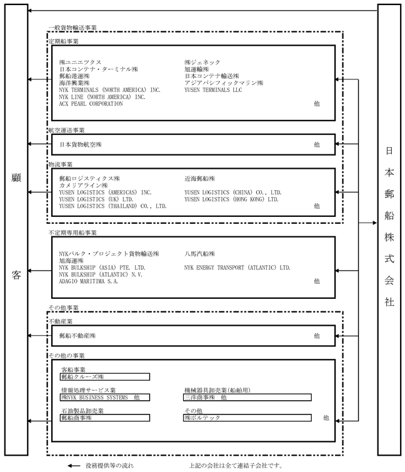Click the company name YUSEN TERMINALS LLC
(x=213, y=90)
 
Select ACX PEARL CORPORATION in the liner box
(x=91, y=104)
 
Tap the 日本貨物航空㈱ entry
(x=81, y=144)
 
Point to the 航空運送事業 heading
(x=66, y=130)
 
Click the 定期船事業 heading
(x=62, y=41)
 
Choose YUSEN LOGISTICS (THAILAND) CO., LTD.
(x=112, y=206)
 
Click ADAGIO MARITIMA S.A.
(x=89, y=281)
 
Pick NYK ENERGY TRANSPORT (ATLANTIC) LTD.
(x=237, y=268)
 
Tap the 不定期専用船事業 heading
(x=72, y=233)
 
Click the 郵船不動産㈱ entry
(x=77, y=336)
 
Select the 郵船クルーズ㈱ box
(x=104, y=377)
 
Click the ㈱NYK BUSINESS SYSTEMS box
(x=104, y=397)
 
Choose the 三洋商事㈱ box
(x=247, y=397)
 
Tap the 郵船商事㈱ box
(x=104, y=418)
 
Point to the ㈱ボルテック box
(x=247, y=418)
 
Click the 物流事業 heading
(x=61, y=164)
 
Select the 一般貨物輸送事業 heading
(x=72, y=28)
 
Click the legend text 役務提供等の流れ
(x=109, y=466)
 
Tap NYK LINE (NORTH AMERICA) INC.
(x=102, y=97)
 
